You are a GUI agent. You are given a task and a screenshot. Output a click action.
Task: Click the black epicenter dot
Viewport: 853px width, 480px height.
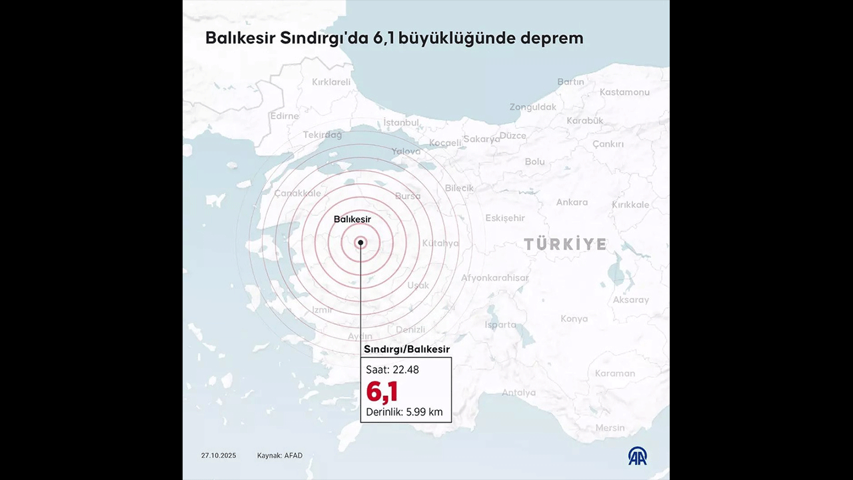pyautogui.click(x=361, y=243)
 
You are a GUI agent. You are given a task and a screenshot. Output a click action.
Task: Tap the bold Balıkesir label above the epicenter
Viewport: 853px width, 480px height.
pyautogui.click(x=352, y=219)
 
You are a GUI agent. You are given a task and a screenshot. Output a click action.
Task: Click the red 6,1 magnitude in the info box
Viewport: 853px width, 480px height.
pyautogui.click(x=382, y=391)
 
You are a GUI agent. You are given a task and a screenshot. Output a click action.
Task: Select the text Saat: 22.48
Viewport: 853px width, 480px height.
pyautogui.click(x=393, y=369)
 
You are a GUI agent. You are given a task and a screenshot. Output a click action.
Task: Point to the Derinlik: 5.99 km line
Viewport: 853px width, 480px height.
pyautogui.click(x=405, y=412)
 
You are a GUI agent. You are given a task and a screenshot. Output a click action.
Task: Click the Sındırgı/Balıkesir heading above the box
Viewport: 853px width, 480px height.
pyautogui.click(x=407, y=349)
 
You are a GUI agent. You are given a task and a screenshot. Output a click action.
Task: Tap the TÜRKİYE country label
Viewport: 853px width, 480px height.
pyautogui.click(x=565, y=244)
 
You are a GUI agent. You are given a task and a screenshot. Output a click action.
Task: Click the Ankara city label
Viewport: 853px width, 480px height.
pyautogui.click(x=572, y=202)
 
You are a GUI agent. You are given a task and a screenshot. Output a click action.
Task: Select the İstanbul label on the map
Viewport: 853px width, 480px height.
pyautogui.click(x=401, y=123)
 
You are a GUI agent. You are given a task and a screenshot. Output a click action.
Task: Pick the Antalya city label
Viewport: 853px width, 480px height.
pyautogui.click(x=518, y=393)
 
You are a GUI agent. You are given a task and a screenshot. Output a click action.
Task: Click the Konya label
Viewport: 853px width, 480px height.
pyautogui.click(x=574, y=319)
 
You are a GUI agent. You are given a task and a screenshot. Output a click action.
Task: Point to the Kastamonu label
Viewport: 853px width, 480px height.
pyautogui.click(x=624, y=92)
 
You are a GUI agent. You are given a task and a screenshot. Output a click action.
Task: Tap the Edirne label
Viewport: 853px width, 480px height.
pyautogui.click(x=285, y=116)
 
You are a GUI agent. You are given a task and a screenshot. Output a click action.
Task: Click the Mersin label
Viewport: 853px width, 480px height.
pyautogui.click(x=610, y=428)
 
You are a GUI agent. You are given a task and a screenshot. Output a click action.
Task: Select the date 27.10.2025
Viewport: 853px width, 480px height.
pyautogui.click(x=219, y=456)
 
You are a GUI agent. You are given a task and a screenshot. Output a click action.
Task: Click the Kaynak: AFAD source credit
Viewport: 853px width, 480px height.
pyautogui.click(x=280, y=456)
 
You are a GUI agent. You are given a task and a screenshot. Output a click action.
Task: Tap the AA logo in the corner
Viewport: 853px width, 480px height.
pyautogui.click(x=638, y=456)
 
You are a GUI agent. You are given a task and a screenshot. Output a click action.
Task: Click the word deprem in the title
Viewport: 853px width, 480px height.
pyautogui.click(x=552, y=38)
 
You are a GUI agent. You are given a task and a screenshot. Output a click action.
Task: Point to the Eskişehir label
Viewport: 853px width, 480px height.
pyautogui.click(x=505, y=218)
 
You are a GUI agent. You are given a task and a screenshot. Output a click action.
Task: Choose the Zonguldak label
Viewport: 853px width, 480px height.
pyautogui.click(x=533, y=107)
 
